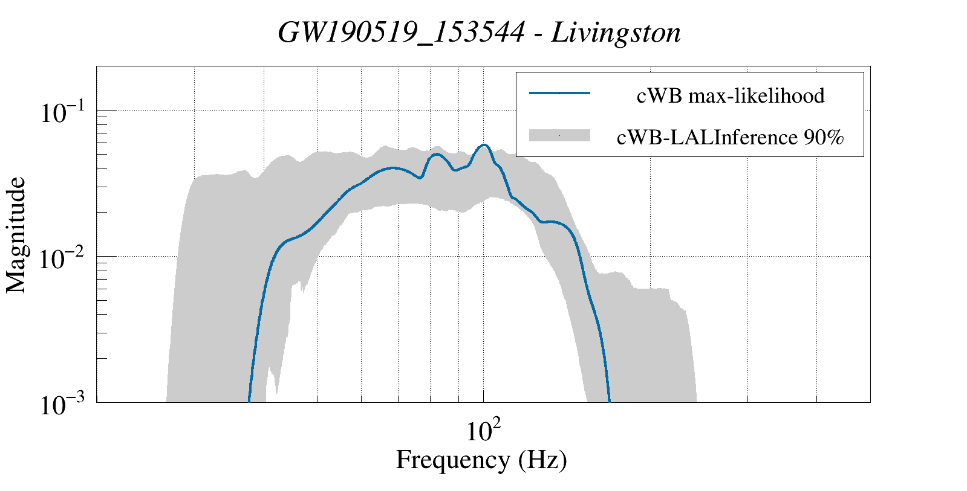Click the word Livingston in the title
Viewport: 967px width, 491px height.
pyautogui.click(x=617, y=33)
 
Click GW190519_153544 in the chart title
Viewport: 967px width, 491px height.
pyautogui.click(x=400, y=33)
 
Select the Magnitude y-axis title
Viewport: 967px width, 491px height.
pyautogui.click(x=16, y=236)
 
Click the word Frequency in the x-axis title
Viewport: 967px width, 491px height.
pyautogui.click(x=452, y=460)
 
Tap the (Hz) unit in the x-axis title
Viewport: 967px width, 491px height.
pyautogui.click(x=542, y=460)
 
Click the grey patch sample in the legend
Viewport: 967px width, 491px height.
pyautogui.click(x=559, y=136)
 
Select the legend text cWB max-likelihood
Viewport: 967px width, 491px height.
pyautogui.click(x=731, y=95)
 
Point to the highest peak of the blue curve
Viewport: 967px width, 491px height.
pyautogui.click(x=484, y=145)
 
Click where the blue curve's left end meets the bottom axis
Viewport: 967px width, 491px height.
pyautogui.click(x=249, y=401)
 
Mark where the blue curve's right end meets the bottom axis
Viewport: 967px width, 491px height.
pyautogui.click(x=610, y=401)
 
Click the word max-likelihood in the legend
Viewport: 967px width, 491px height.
pyautogui.click(x=757, y=95)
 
